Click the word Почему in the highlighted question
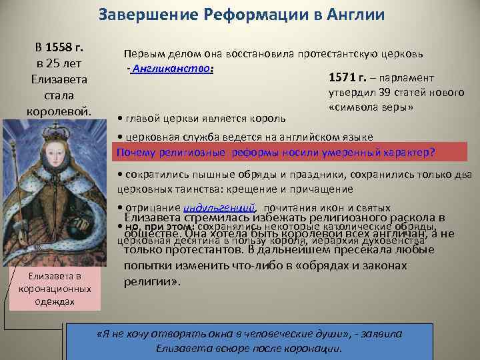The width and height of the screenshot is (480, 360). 136,152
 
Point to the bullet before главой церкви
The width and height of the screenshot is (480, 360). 119,118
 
